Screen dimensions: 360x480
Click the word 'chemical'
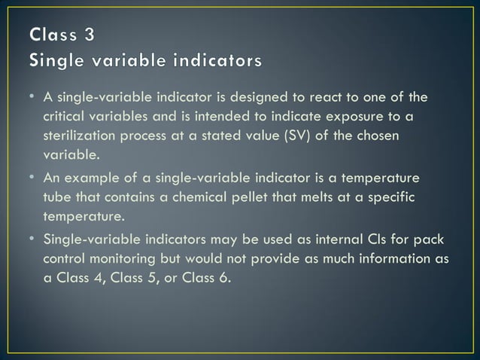click(x=184, y=197)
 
